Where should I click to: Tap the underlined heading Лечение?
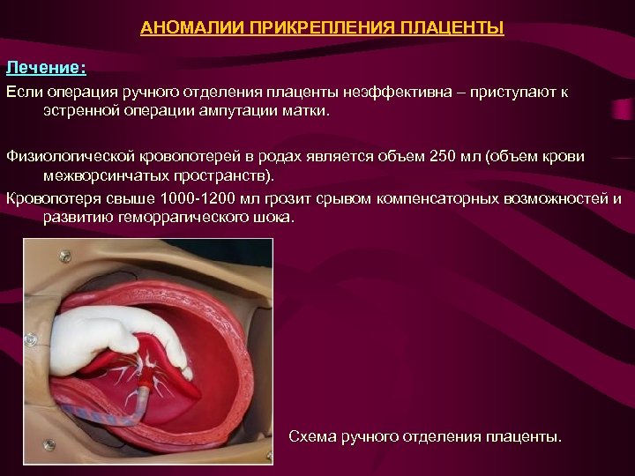tap(46, 67)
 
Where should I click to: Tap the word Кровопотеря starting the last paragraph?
tap(50, 197)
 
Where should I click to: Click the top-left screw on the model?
tap(64, 256)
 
